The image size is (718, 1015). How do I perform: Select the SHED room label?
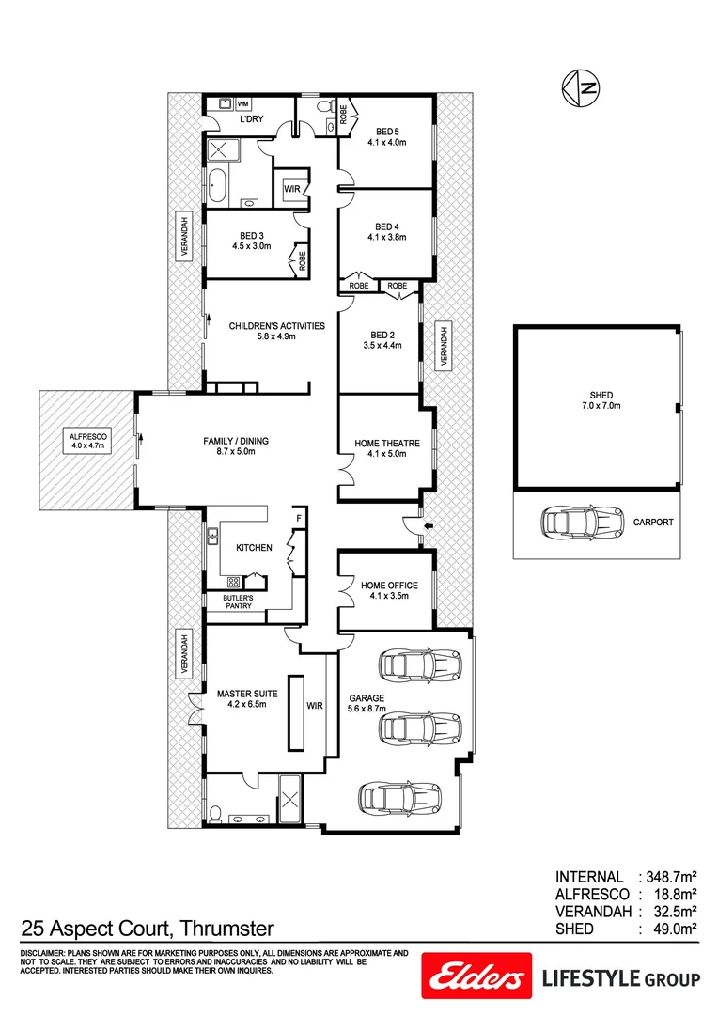pos(596,395)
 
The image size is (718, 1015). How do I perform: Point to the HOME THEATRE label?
pos(386,443)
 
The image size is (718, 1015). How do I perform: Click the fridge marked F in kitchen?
pos(299,518)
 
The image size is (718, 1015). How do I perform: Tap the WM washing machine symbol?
pos(242,103)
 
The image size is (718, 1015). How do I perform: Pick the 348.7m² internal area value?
pos(666,876)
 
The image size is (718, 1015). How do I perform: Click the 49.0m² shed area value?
pos(670,929)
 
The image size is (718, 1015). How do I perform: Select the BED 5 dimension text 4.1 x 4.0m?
pos(386,143)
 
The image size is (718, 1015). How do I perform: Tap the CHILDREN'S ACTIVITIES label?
pos(276,326)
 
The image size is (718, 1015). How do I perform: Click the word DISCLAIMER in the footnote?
pos(41,953)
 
